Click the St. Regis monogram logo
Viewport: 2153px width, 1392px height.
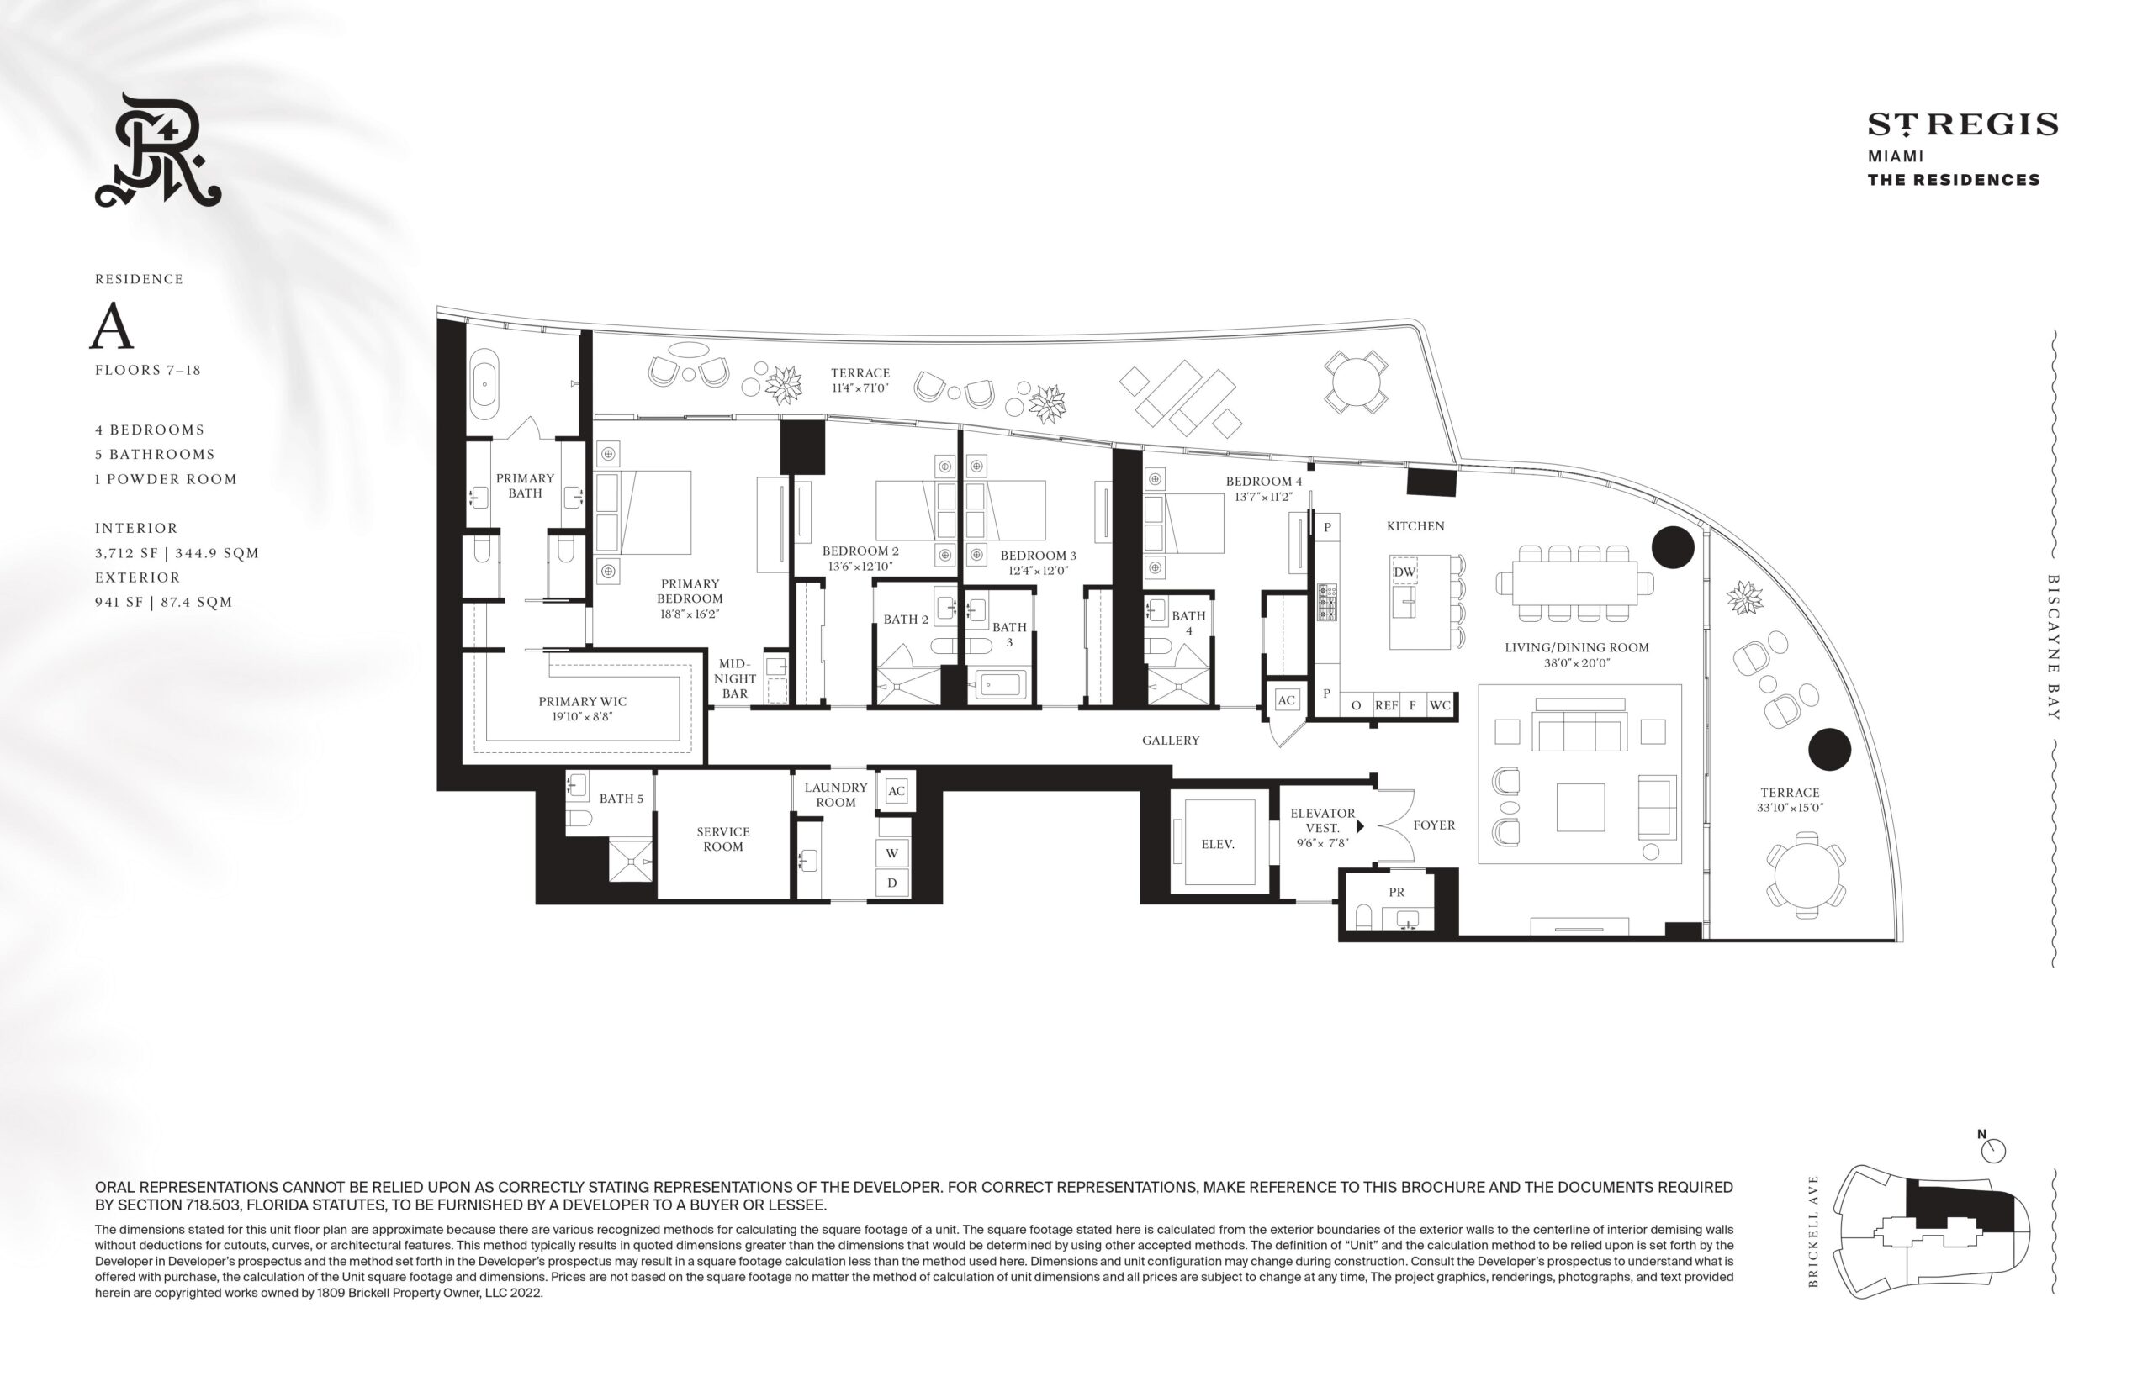tap(158, 150)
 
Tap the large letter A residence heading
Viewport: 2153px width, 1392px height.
tap(111, 326)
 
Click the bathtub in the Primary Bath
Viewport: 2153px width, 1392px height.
tap(484, 383)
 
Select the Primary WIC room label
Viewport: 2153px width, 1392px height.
tap(582, 701)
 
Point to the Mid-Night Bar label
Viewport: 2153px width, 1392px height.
tap(734, 678)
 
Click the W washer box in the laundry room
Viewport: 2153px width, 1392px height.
tap(892, 853)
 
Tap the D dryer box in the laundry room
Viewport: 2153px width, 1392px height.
tap(892, 883)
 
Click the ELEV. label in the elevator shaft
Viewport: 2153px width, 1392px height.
tap(1217, 844)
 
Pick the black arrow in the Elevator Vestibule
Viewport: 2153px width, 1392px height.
tap(1359, 826)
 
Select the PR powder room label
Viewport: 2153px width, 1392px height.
tap(1396, 892)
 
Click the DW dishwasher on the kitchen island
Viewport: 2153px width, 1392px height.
tap(1404, 572)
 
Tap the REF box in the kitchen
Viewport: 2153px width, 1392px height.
tap(1385, 705)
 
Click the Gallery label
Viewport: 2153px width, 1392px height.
tap(1170, 741)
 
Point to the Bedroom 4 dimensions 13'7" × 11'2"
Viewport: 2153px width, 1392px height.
tap(1263, 496)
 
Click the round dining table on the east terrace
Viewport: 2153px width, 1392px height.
tap(1806, 875)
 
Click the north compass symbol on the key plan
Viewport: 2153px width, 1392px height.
tap(1992, 1150)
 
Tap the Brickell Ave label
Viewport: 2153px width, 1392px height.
tap(1812, 1231)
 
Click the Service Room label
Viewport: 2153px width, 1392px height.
tap(722, 839)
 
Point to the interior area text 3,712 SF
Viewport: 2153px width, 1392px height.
tap(127, 553)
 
